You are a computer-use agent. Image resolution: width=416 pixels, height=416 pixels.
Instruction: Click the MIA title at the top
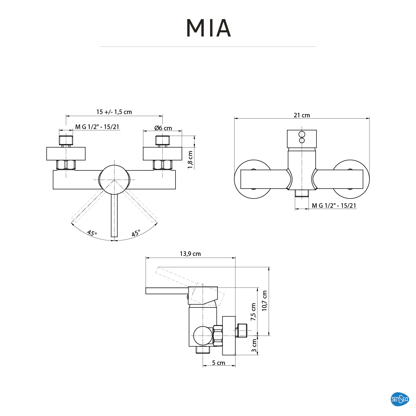208,28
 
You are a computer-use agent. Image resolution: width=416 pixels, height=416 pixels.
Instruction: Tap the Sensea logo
399,399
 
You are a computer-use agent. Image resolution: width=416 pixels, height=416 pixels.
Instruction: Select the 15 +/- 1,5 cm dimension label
114,112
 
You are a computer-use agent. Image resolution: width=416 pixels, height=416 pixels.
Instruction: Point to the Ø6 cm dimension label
163,128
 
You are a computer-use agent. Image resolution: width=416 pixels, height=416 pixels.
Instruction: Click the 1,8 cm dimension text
190,160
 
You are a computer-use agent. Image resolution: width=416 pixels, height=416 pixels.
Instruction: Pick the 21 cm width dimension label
302,115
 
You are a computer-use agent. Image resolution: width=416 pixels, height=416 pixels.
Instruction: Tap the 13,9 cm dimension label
190,254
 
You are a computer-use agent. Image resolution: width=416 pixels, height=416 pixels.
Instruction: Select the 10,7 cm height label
264,301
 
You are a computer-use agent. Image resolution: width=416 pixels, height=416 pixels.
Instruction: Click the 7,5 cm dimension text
253,312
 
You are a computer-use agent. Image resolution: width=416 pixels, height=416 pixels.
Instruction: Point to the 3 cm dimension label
254,345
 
